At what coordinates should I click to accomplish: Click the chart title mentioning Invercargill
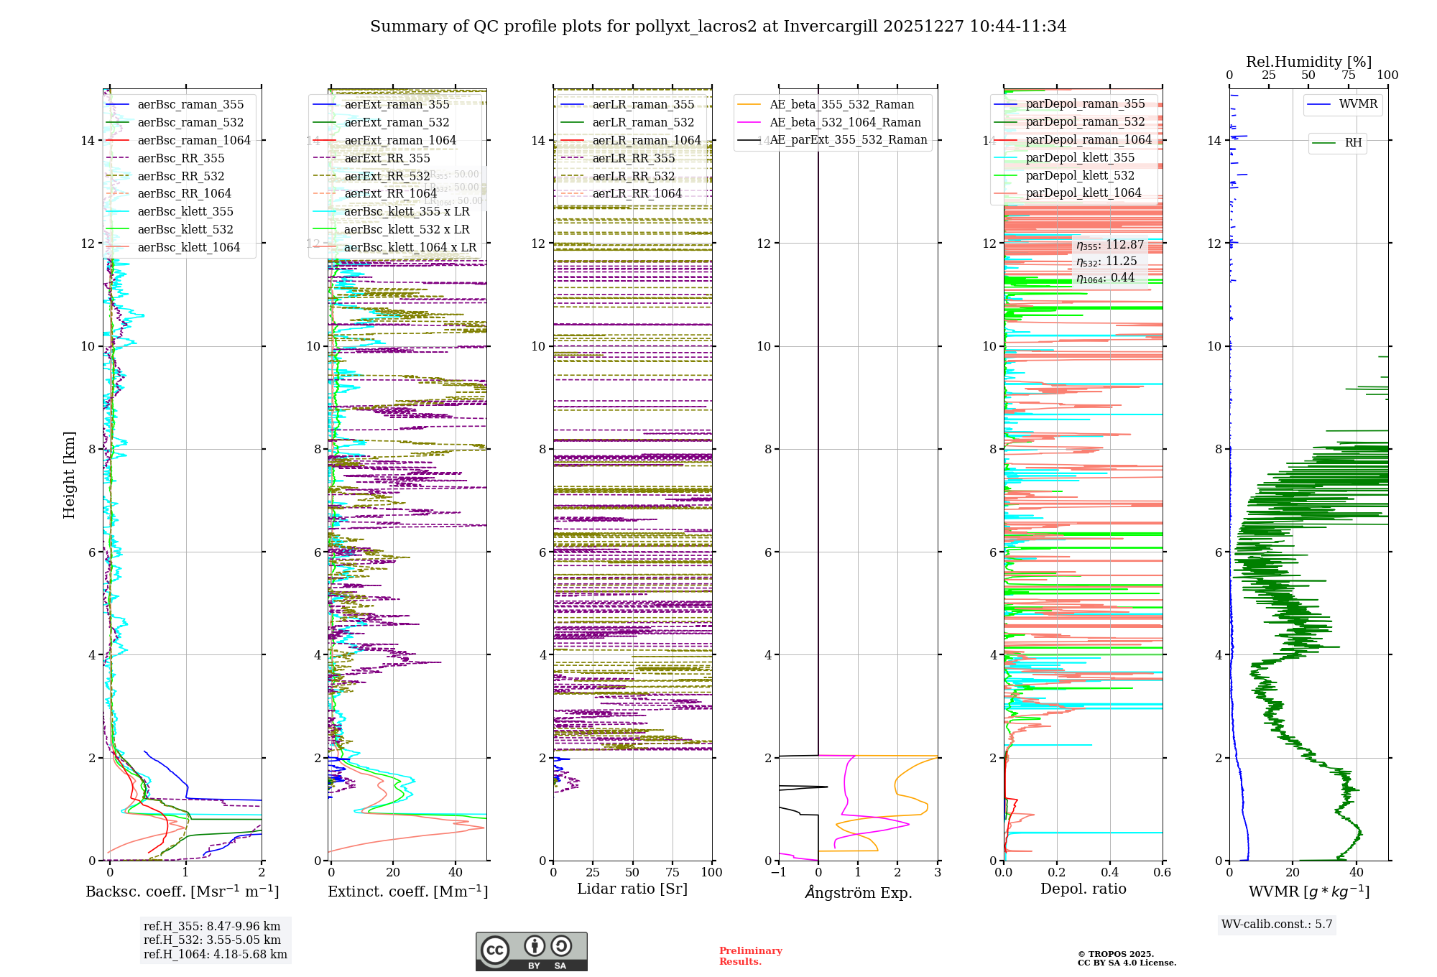point(718,27)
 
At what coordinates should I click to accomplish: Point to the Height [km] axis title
point(69,475)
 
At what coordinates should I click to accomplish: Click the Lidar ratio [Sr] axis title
point(632,889)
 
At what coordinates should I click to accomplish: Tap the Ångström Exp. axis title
point(858,892)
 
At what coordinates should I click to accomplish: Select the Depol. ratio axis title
point(1083,889)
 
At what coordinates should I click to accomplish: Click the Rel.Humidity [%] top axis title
point(1308,62)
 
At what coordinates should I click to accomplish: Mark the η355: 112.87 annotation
point(1110,245)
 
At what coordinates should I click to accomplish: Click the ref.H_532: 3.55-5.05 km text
point(212,940)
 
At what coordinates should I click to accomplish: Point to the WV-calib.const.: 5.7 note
point(1277,925)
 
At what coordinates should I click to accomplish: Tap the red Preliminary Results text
point(750,956)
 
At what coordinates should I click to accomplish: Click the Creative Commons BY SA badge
point(531,951)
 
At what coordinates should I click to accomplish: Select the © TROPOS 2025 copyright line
point(1115,954)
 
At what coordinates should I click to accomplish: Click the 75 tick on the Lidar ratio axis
point(673,872)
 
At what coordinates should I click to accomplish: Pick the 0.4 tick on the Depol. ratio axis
point(1109,872)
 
